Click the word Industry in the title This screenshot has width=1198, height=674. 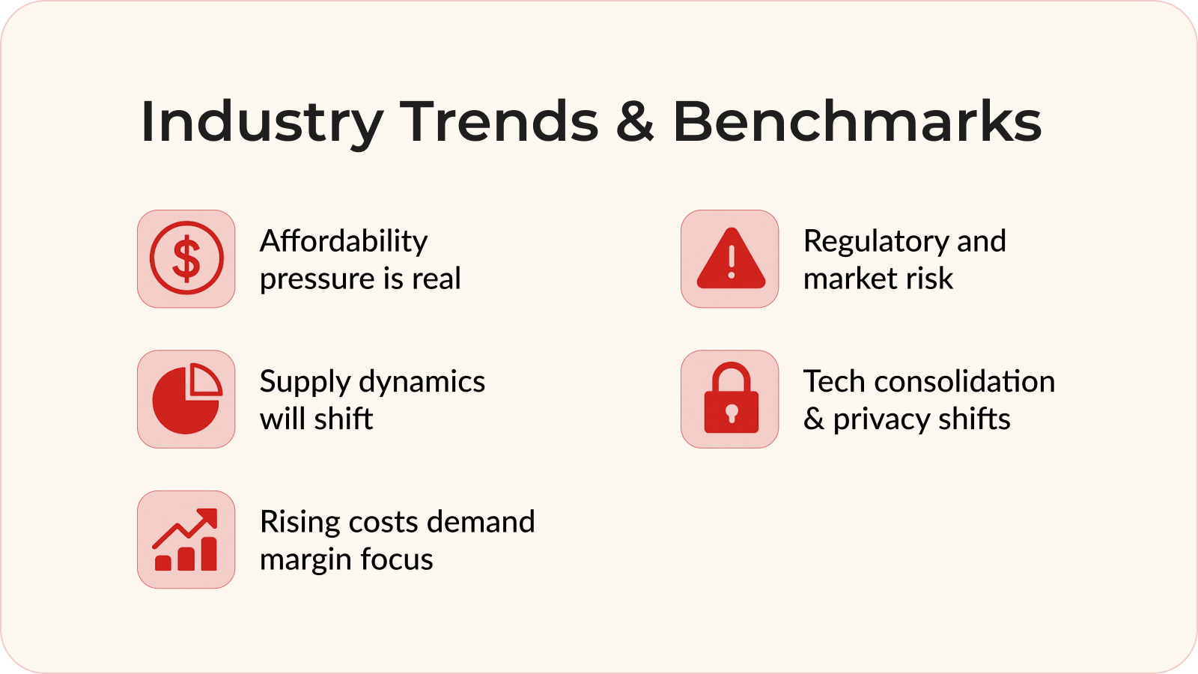[261, 123]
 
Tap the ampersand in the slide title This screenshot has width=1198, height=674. [635, 122]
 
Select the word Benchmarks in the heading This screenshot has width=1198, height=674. [857, 121]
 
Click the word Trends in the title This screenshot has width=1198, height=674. [499, 121]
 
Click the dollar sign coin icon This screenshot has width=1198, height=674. [186, 258]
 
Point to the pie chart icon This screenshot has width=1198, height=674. [186, 399]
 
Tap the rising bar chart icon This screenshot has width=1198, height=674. [186, 540]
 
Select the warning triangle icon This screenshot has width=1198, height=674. [730, 259]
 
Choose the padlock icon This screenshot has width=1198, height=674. [730, 399]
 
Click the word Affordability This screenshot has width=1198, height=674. [344, 242]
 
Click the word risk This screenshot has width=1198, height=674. [929, 279]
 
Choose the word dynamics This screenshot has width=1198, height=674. [422, 383]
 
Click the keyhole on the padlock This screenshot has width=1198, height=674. [732, 412]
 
